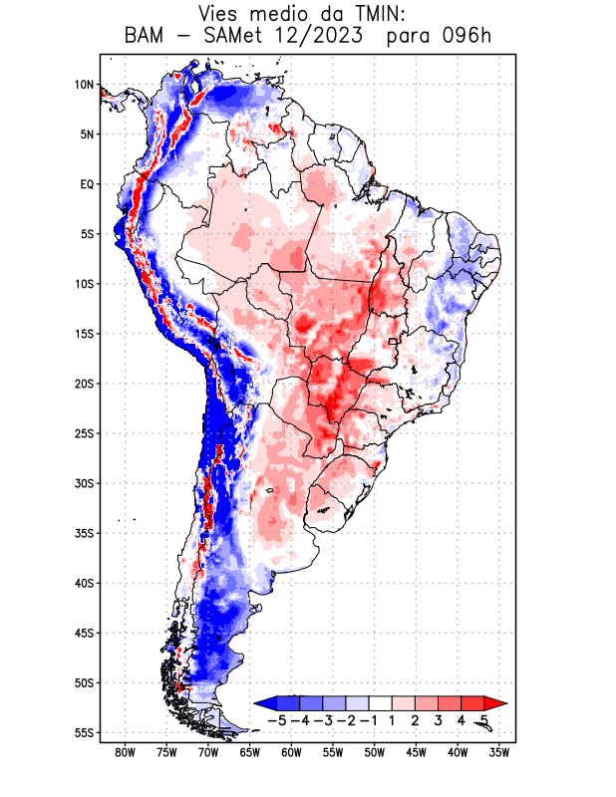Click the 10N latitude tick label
[84, 85]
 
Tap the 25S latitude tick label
[84, 433]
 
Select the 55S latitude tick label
[84, 732]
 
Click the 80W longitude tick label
[125, 752]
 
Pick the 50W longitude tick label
[375, 752]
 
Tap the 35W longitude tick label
[500, 752]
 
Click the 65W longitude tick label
[250, 752]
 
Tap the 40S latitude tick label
[84, 583]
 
